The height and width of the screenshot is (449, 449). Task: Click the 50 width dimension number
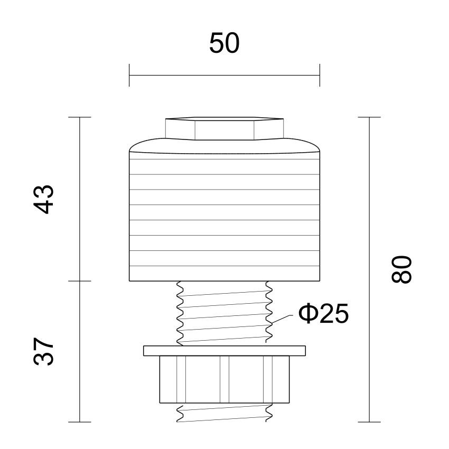tap(224, 43)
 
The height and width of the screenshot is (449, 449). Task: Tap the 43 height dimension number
tap(43, 200)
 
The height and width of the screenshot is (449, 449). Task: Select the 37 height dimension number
tap(43, 351)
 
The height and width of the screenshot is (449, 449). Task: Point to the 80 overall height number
tap(401, 269)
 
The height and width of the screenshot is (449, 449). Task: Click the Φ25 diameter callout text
tap(324, 314)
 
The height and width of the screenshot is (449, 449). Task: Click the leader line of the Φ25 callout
tap(282, 319)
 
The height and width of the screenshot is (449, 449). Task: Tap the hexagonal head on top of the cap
tap(224, 128)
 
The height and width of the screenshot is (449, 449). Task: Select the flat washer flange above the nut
tap(224, 351)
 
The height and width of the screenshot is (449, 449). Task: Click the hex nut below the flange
tap(224, 379)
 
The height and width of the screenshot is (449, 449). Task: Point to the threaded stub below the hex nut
tap(224, 413)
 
